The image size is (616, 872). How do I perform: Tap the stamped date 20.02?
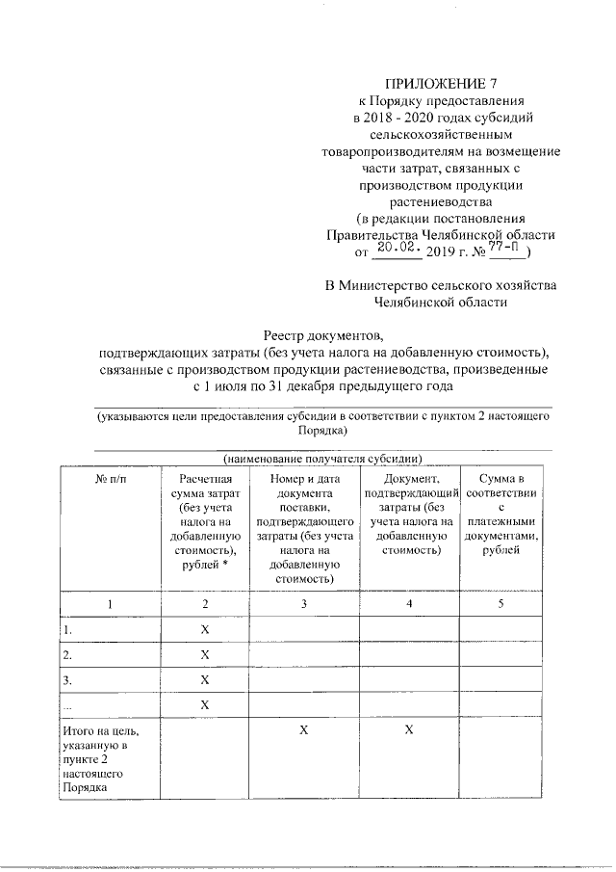click(397, 250)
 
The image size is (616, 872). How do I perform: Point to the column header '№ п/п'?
click(110, 479)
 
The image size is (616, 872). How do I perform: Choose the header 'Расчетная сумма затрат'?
click(204, 520)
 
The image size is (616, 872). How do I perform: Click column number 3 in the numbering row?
click(303, 603)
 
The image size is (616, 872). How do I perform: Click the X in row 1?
click(204, 629)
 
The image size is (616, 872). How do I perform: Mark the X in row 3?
click(204, 680)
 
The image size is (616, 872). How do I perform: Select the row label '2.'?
click(68, 655)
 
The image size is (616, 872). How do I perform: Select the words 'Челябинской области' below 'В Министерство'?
click(442, 303)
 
